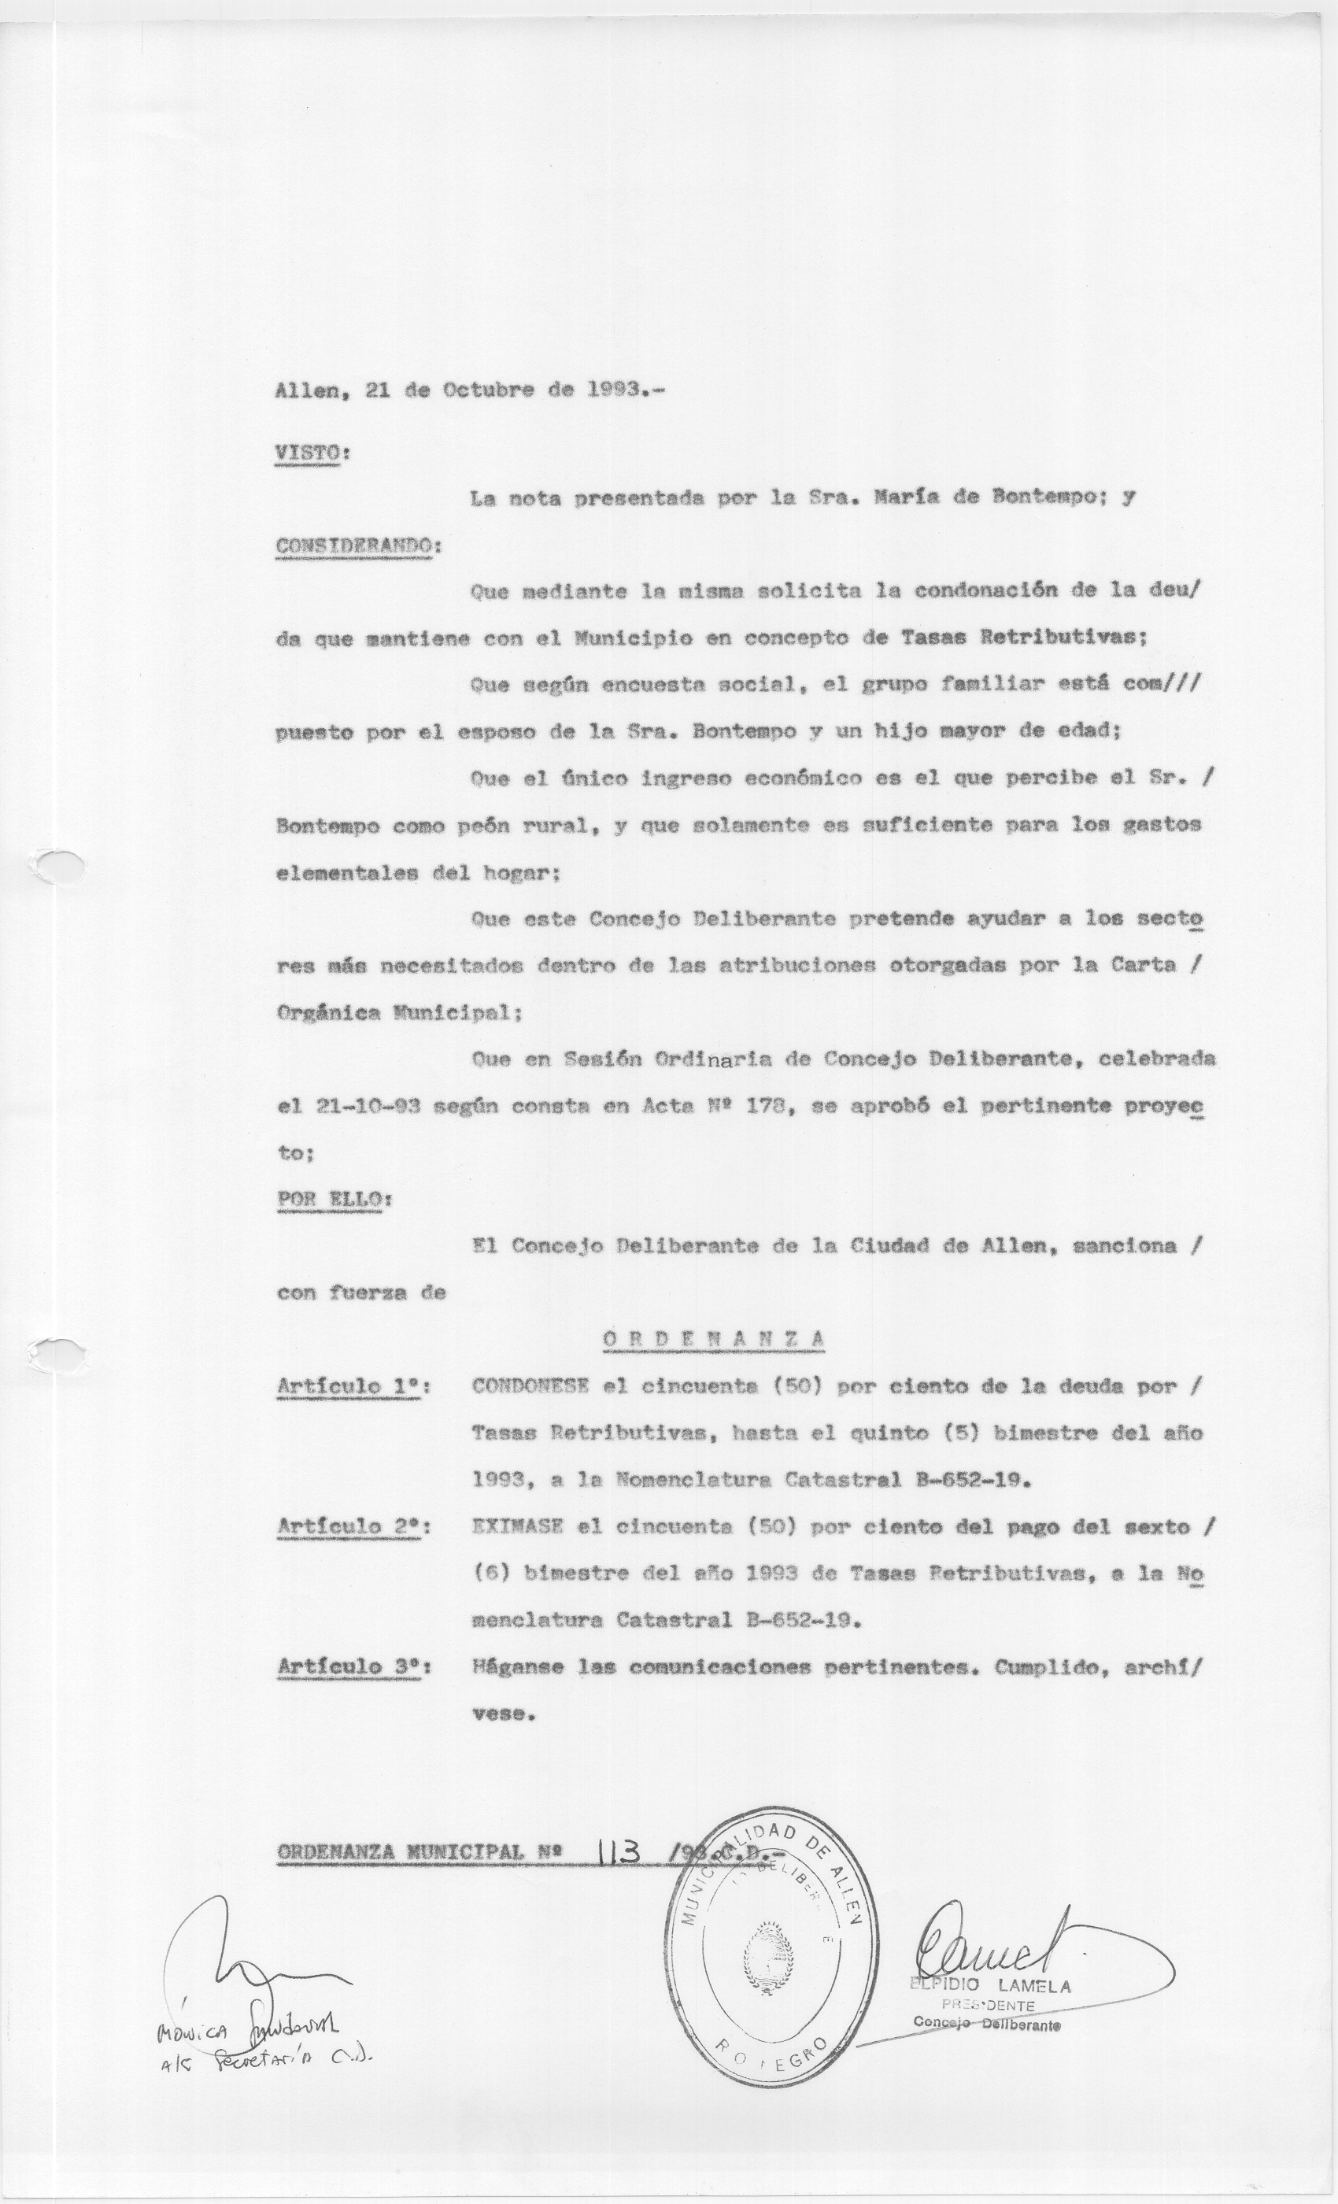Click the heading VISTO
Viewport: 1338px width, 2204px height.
tap(309, 453)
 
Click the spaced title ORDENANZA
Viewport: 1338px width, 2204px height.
tap(713, 1339)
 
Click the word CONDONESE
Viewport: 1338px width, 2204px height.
tap(530, 1386)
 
